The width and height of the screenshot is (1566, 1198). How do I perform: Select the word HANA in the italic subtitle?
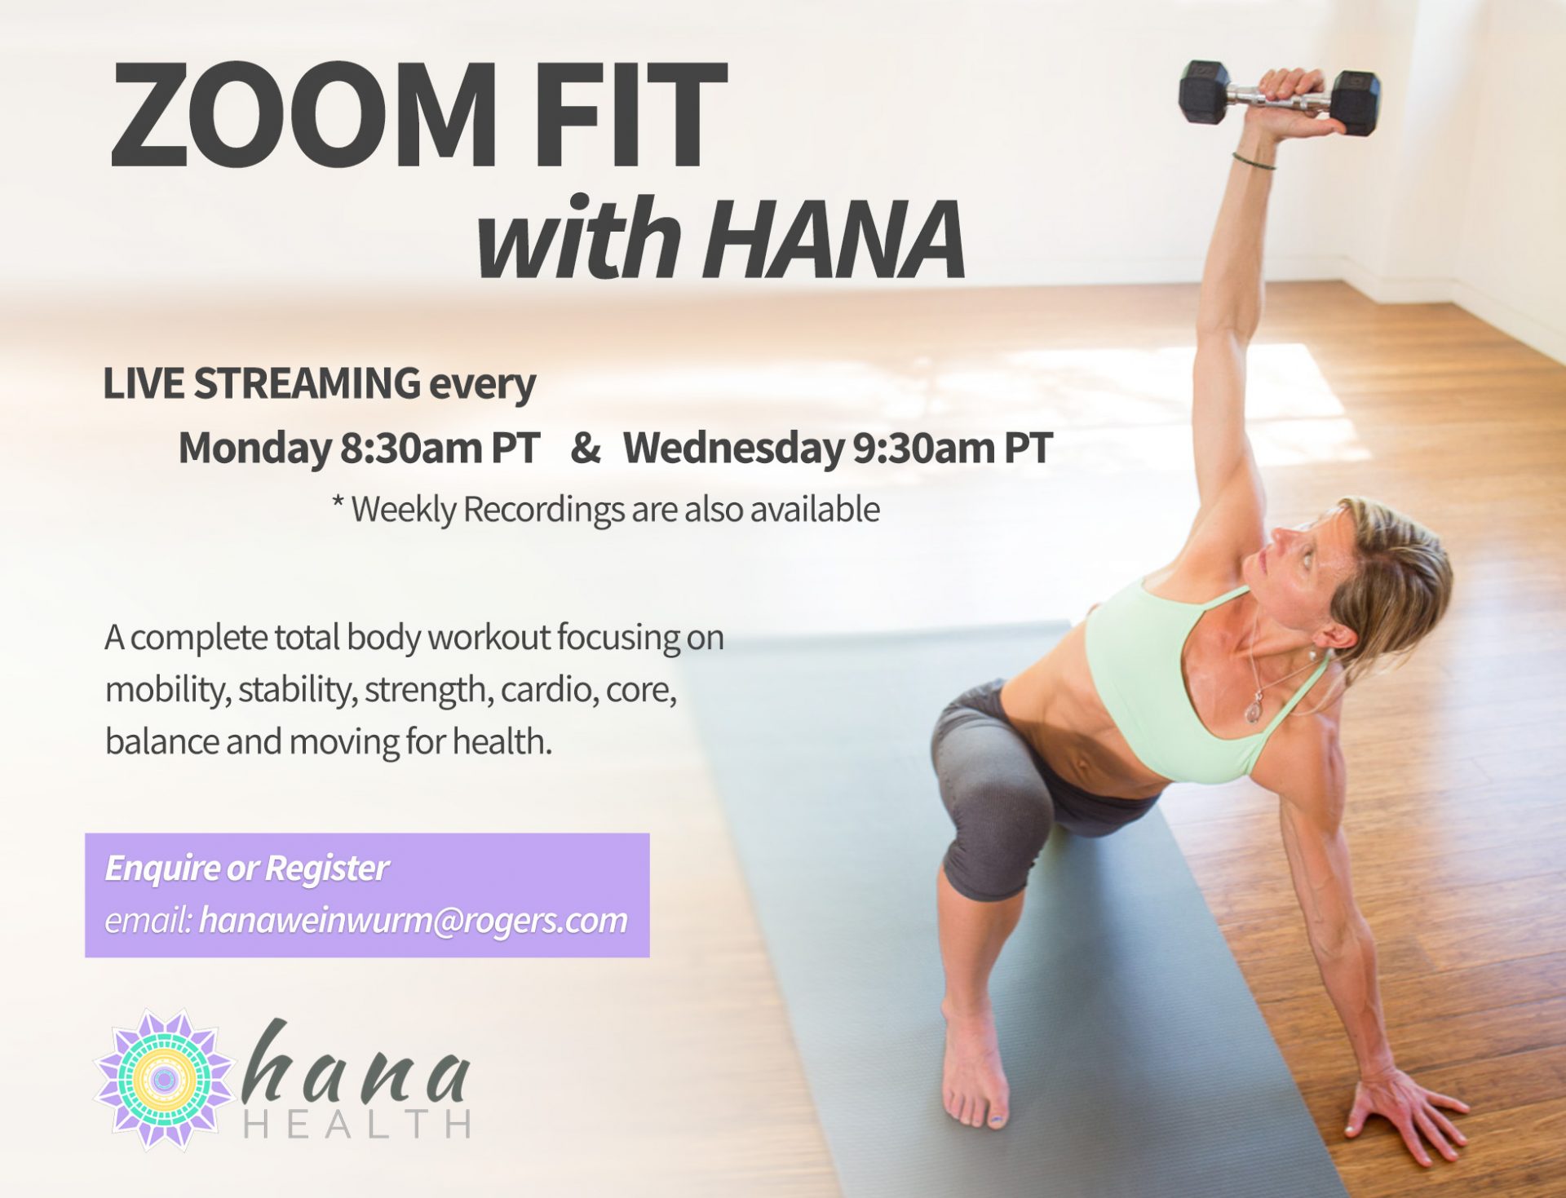[x=834, y=239]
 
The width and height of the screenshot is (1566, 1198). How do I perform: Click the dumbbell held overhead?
[x=1279, y=98]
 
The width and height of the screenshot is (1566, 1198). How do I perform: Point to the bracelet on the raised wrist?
[x=1254, y=161]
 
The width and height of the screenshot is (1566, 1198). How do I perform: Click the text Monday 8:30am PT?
[x=359, y=448]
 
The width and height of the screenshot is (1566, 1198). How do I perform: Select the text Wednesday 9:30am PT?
[x=838, y=448]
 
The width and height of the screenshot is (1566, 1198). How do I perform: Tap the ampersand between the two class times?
[x=586, y=447]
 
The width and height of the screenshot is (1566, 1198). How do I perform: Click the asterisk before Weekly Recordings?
[x=338, y=502]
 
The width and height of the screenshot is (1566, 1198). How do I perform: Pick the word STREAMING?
[x=307, y=383]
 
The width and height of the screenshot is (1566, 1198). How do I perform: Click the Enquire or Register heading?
[x=246, y=869]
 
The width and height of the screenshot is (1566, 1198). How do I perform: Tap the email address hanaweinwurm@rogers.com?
[x=414, y=921]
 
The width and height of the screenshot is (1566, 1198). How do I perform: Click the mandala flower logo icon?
[x=164, y=1080]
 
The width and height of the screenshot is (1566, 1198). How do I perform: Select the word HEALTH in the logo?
[x=356, y=1124]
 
